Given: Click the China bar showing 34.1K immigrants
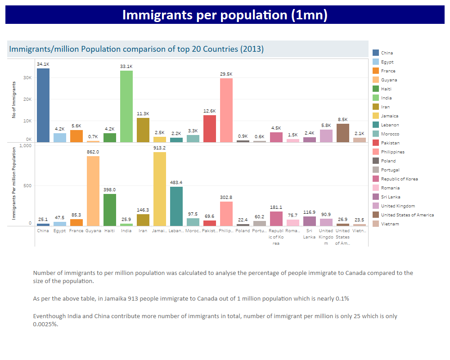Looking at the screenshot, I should (43, 105).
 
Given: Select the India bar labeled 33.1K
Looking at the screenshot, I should (126, 106).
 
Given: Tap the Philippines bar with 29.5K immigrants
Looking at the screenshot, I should (226, 110).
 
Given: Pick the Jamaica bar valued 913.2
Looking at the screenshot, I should (160, 189).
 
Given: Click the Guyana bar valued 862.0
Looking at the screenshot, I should (93, 191).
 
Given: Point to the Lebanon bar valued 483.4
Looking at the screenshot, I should (176, 206).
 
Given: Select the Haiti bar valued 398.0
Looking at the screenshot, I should (110, 210).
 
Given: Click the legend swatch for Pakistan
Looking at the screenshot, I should (376, 143).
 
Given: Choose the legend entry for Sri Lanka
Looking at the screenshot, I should (390, 197).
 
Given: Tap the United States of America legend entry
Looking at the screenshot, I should (407, 215).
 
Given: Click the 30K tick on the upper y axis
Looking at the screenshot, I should (27, 78).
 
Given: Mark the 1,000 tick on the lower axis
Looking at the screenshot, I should (26, 146).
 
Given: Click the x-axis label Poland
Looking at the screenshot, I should (243, 231).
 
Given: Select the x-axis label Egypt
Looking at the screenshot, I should (59, 231).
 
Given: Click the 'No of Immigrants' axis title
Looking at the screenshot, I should (14, 100).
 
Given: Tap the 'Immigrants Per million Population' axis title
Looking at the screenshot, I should (14, 184).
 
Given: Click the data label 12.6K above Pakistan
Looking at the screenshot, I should (210, 111).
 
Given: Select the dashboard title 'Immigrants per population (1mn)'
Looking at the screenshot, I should (225, 15).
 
